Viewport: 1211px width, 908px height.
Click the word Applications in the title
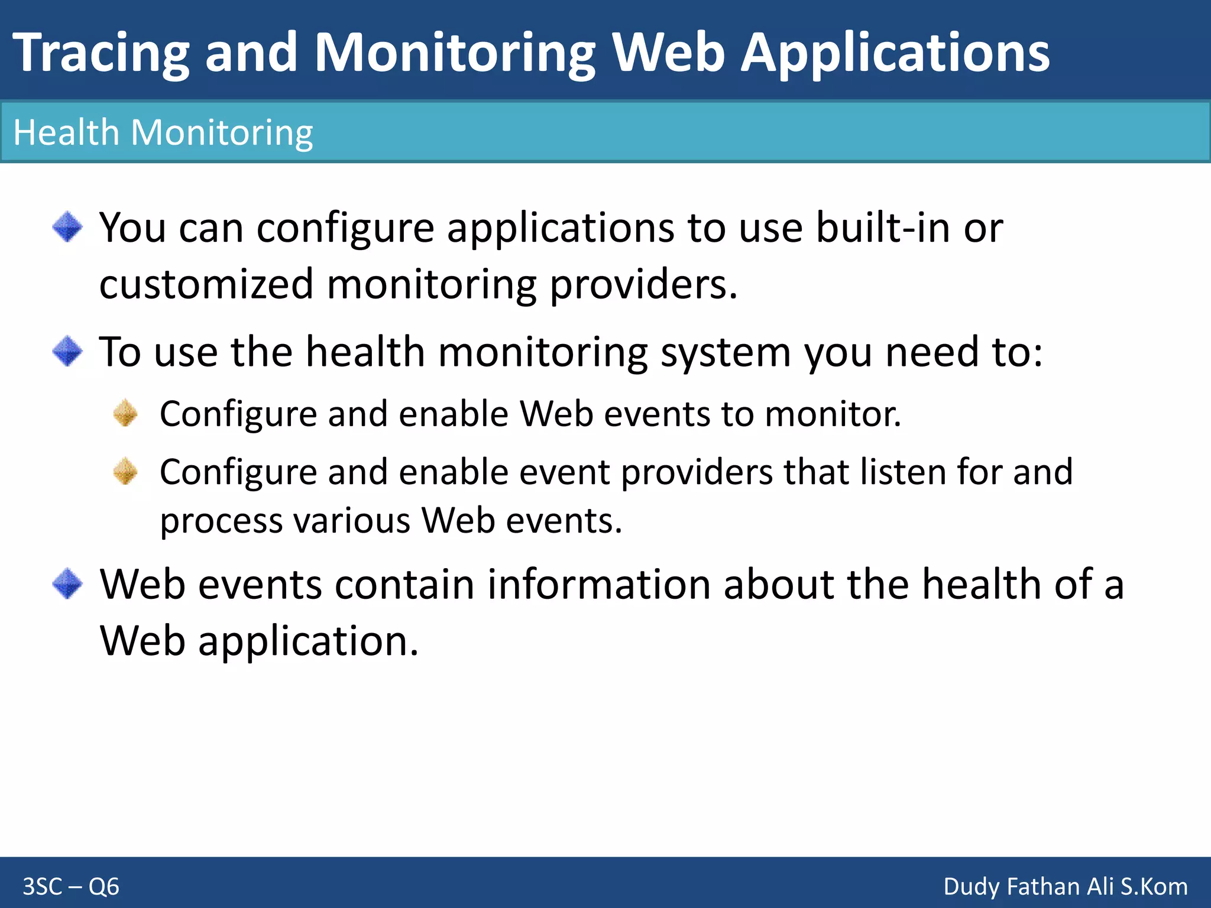tap(895, 53)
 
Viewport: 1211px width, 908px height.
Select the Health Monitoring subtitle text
tap(163, 132)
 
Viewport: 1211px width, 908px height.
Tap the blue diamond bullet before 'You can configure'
tap(67, 227)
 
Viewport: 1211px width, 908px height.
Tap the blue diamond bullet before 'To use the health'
tap(67, 351)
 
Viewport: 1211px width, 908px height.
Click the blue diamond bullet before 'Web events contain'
tap(67, 583)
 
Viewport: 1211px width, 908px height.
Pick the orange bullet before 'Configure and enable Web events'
tap(125, 413)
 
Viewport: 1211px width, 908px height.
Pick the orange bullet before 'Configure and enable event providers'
tap(125, 471)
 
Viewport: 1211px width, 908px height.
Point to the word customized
tap(206, 284)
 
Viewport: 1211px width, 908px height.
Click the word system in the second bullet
tap(725, 352)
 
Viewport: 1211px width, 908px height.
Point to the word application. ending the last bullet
tap(308, 641)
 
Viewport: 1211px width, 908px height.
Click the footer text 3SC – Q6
tap(71, 887)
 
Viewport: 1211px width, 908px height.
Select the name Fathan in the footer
tap(1045, 887)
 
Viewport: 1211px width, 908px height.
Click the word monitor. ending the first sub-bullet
tap(833, 414)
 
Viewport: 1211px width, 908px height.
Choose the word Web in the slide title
tap(668, 53)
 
